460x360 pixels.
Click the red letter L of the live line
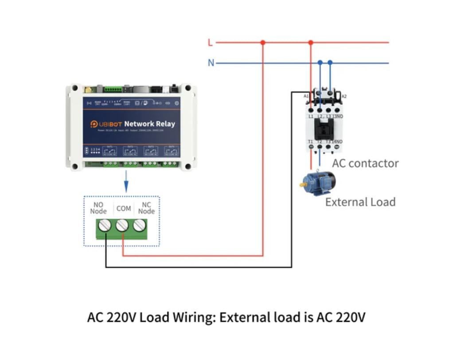pos(211,43)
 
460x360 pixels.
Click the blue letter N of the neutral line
pos(211,63)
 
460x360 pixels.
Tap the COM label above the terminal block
pos(123,208)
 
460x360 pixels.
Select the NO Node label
pos(98,208)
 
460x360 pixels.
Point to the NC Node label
pos(146,208)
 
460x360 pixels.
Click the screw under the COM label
pos(122,227)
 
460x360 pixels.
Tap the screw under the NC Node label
pos(139,227)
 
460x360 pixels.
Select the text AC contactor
pos(365,163)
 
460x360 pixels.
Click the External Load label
pos(360,202)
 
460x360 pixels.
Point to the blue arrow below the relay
pos(126,181)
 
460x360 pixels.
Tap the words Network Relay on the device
pos(149,124)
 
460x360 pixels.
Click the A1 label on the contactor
pos(306,96)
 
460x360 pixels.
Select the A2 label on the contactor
pos(344,96)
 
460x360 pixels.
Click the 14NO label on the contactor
pos(338,142)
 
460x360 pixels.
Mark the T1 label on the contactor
pos(311,142)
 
